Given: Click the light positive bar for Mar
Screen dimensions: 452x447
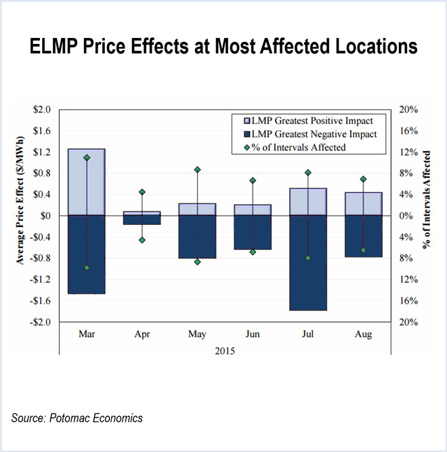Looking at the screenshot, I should click(87, 182).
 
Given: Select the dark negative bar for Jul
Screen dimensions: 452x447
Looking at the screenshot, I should click(308, 263).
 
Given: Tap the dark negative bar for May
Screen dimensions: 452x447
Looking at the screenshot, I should click(197, 237).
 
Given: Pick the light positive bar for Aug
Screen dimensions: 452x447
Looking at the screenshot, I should click(364, 204).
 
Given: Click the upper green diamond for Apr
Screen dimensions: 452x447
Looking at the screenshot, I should click(142, 192).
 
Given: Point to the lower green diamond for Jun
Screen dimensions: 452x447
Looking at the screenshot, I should click(253, 252).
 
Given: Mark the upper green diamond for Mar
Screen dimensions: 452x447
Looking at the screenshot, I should click(87, 158).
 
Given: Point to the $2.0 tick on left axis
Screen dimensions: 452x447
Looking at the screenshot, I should click(42, 109).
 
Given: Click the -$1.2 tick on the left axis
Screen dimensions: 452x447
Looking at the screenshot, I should click(41, 279).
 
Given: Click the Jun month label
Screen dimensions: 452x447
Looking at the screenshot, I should click(253, 335).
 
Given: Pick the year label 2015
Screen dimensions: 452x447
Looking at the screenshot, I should click(225, 351).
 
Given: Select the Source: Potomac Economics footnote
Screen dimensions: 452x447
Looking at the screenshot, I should click(77, 418).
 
